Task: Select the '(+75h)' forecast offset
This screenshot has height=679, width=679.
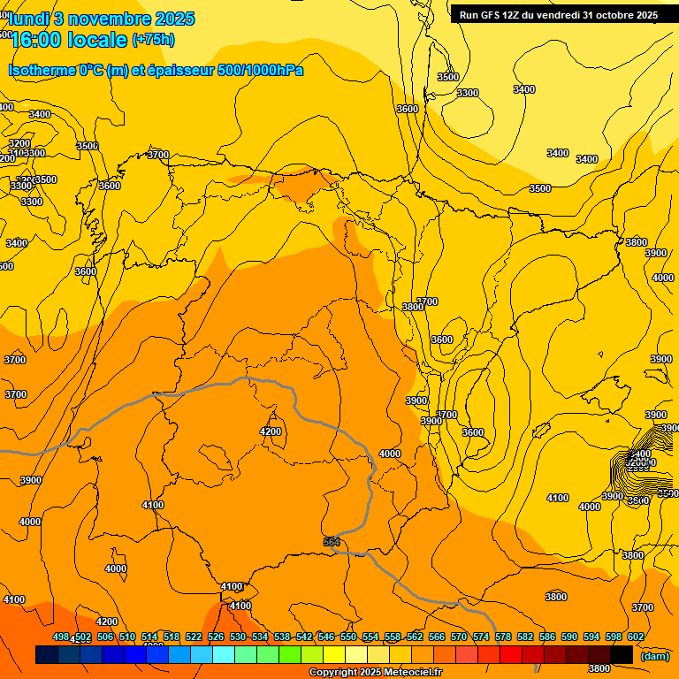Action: pos(153,39)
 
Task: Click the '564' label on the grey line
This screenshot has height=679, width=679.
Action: pos(332,542)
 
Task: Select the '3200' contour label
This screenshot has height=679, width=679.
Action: pos(19,143)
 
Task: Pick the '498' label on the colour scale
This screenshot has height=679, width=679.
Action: pos(61,637)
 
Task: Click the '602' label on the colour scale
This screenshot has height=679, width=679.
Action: pos(636,637)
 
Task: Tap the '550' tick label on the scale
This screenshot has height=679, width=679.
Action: pos(348,637)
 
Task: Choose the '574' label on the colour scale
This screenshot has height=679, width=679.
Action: pos(481,637)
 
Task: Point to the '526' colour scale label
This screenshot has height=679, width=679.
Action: pos(216,637)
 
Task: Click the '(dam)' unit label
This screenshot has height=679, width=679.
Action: pos(655,656)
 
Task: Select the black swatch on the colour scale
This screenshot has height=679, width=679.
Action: pos(622,654)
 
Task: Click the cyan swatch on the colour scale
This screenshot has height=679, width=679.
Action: pos(224,654)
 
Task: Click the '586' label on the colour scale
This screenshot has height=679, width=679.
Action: pos(547,637)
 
